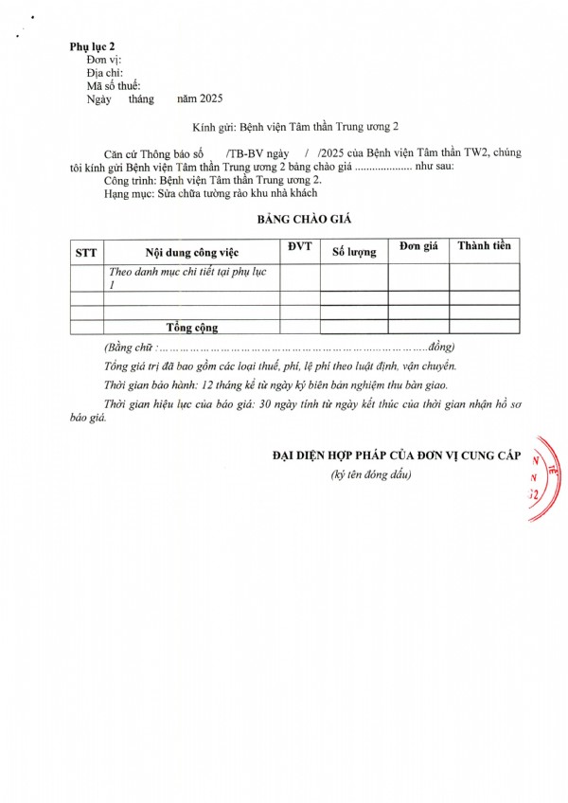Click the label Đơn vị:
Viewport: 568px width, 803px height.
105,59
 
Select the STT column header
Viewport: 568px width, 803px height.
85,252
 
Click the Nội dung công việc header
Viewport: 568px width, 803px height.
191,252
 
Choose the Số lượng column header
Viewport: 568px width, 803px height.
354,252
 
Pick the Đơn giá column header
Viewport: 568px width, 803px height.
418,246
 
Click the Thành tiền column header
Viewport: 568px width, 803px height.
484,246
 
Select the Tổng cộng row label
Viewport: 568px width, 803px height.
192,328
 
